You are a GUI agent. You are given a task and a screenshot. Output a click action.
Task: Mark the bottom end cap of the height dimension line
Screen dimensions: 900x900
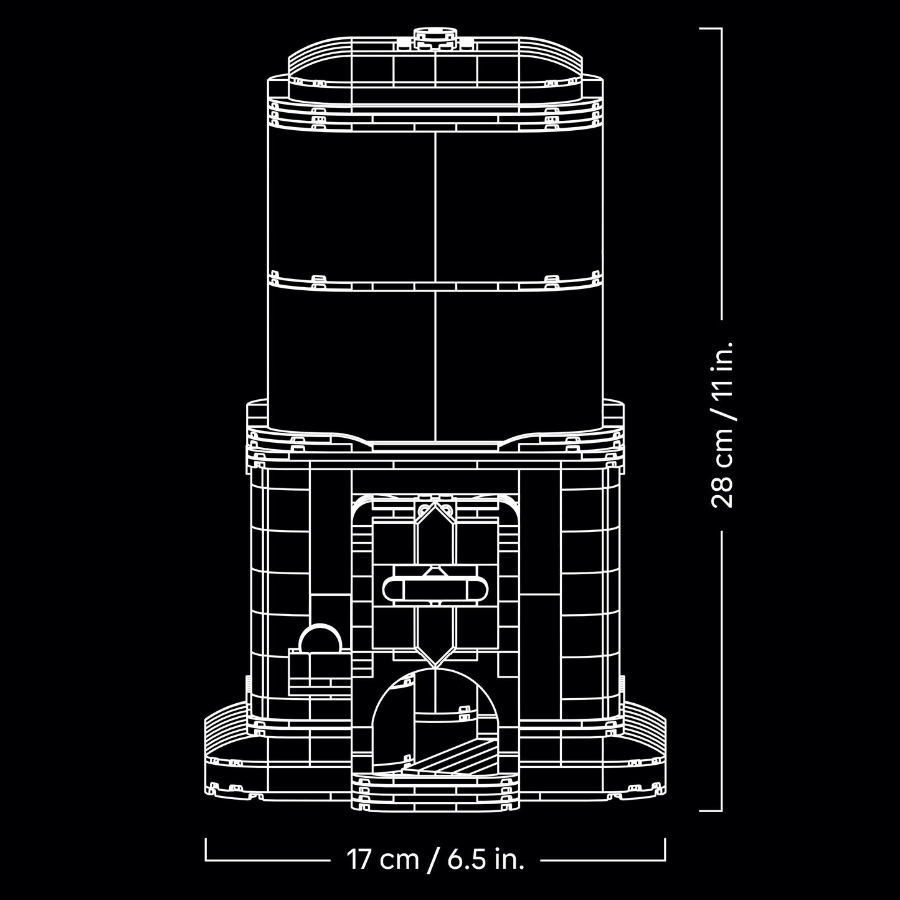[x=710, y=810]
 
